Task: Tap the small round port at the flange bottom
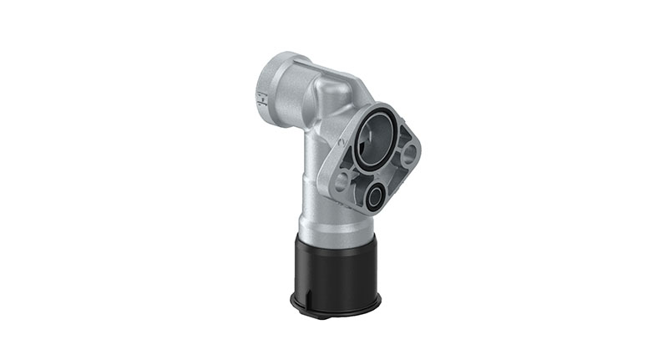[x=373, y=197]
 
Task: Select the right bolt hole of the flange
[x=409, y=155]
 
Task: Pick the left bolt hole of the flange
[x=341, y=180]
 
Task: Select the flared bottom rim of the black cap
[x=334, y=306]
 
